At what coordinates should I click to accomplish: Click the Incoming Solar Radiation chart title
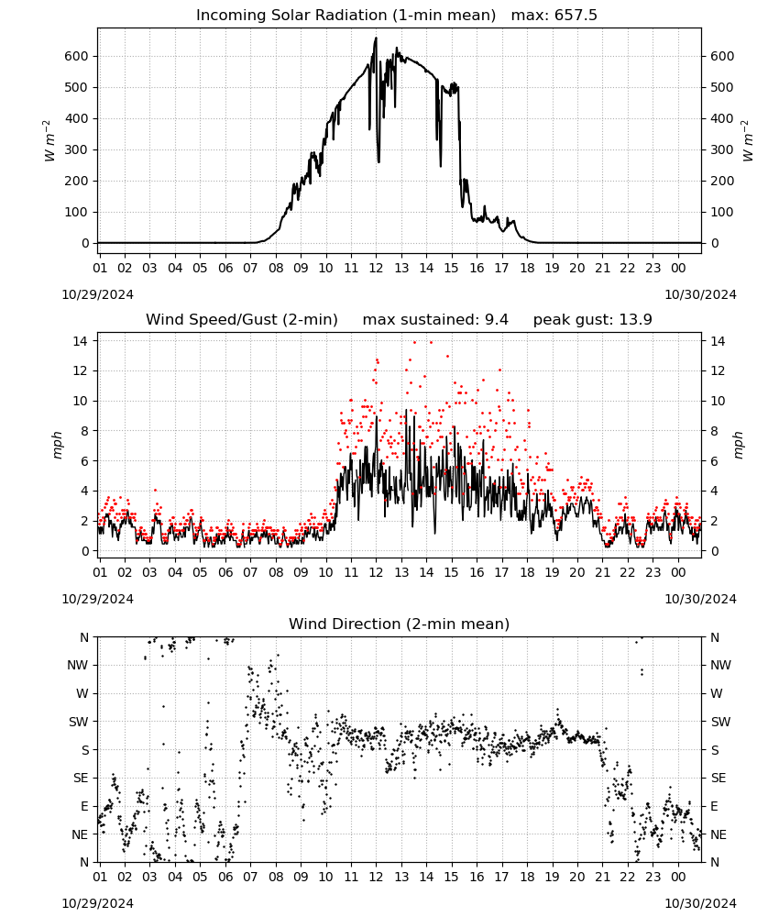[x=346, y=15]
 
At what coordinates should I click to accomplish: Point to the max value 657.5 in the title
[x=576, y=15]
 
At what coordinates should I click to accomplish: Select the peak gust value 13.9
[x=633, y=319]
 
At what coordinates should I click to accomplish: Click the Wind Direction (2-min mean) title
[x=400, y=624]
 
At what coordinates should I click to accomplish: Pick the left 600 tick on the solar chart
[x=77, y=56]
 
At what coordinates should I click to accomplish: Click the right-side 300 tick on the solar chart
[x=722, y=149]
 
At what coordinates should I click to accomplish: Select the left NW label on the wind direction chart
[x=78, y=665]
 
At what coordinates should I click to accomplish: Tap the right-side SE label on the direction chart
[x=719, y=778]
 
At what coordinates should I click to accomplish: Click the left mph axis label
[x=57, y=445]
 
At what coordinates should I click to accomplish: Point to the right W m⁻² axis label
[x=748, y=141]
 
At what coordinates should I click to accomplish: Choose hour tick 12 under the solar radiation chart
[x=376, y=268]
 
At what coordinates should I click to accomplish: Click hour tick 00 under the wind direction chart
[x=678, y=877]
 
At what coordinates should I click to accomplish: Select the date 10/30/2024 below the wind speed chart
[x=700, y=599]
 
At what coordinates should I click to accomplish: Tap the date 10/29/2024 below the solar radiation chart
[x=97, y=294]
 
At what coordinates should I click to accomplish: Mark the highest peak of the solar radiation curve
[x=376, y=38]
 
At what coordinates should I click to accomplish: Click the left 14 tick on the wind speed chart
[x=81, y=340]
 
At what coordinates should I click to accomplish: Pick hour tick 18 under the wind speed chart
[x=527, y=572]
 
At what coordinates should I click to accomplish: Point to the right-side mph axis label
[x=739, y=445]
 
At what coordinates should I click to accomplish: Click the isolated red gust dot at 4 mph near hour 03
[x=155, y=490]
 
